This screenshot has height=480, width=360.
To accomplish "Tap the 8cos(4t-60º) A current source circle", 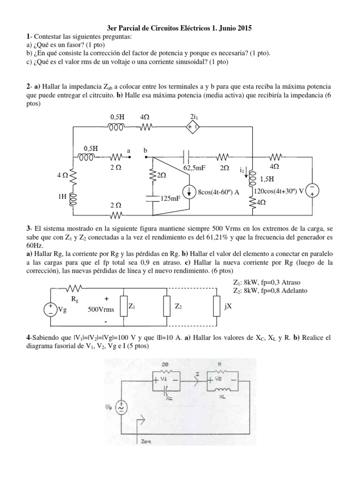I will point(189,192).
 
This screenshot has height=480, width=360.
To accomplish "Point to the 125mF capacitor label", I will point(172,199).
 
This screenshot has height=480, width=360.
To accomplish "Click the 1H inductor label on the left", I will point(62,197).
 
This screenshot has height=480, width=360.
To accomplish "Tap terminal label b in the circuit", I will point(145,150).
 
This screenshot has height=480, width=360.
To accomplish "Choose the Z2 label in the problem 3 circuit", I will point(179,306).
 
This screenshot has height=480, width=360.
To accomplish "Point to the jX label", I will point(228,307).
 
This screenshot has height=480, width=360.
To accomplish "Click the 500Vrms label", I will point(101,309).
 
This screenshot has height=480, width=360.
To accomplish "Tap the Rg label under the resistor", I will point(75,298).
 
